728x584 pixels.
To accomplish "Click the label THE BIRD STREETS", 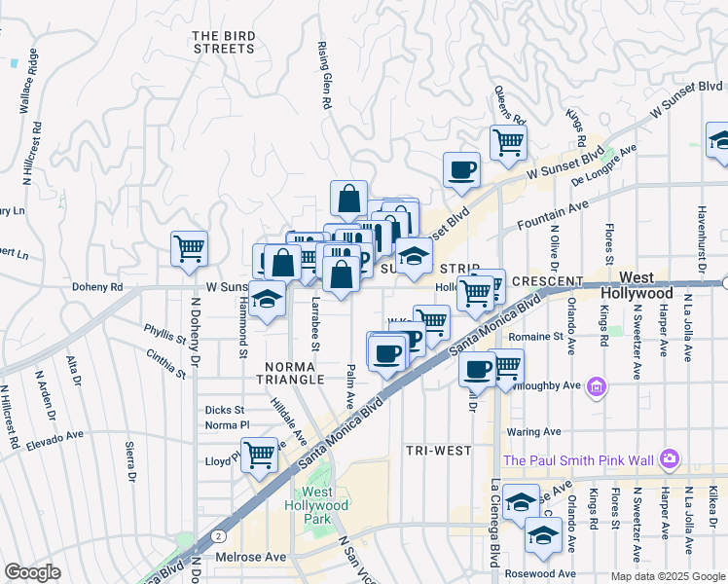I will click(x=224, y=42).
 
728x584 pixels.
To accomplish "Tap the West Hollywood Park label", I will click(x=316, y=506).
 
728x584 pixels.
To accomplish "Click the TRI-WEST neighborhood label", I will click(x=438, y=451).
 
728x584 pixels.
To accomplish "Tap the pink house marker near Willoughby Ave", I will click(x=597, y=387).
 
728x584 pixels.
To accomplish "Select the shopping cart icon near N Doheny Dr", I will click(x=189, y=247).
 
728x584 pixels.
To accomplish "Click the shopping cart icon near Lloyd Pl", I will click(x=259, y=454).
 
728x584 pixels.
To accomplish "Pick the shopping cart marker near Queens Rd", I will click(x=508, y=142).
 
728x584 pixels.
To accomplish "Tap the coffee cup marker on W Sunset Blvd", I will click(x=461, y=169).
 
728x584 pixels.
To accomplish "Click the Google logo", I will click(x=32, y=572).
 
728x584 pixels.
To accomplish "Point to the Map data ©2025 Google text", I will click(x=667, y=576).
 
